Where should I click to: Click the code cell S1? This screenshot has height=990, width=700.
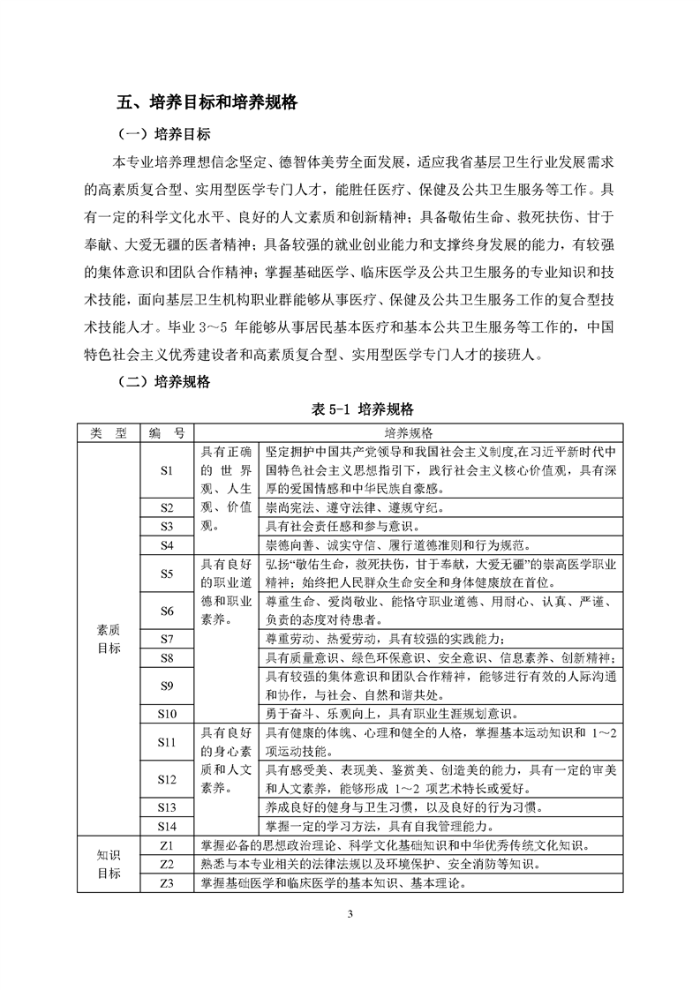coord(167,470)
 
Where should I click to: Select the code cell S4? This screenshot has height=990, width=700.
coord(167,544)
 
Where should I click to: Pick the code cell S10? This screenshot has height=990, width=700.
coord(167,713)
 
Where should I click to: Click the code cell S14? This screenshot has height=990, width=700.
coord(167,825)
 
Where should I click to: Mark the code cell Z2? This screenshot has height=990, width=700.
coord(167,862)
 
